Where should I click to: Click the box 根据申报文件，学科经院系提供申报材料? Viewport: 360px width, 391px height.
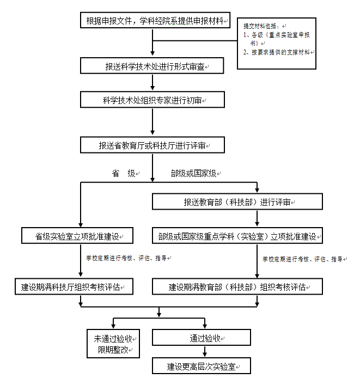pyautogui.click(x=155, y=20)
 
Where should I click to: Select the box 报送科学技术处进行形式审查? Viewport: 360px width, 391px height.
pyautogui.click(x=152, y=66)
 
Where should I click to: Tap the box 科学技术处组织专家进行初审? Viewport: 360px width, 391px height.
pyautogui.click(x=152, y=100)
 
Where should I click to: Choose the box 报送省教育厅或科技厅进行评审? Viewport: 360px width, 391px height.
pyautogui.click(x=152, y=145)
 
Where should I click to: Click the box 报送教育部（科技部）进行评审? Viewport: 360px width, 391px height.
pyautogui.click(x=237, y=201)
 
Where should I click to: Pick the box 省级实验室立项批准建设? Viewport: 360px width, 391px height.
pyautogui.click(x=77, y=235)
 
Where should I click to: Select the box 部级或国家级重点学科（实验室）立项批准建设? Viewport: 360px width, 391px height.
pyautogui.click(x=237, y=235)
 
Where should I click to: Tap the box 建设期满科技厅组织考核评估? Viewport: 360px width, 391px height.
pyautogui.click(x=74, y=286)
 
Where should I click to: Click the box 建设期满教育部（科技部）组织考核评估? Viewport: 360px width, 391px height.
pyautogui.click(x=237, y=286)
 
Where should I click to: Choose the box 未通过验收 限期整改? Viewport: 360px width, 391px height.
pyautogui.click(x=113, y=344)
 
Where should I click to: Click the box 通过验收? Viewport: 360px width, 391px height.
pyautogui.click(x=202, y=338)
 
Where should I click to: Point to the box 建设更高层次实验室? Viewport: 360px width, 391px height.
pyautogui.click(x=202, y=366)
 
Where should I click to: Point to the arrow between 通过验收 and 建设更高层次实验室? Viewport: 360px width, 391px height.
pyautogui.click(x=205, y=351)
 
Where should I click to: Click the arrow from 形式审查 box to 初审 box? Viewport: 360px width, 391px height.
pyautogui.click(x=152, y=82)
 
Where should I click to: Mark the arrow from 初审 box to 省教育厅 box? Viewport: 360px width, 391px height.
pyautogui.click(x=152, y=121)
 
